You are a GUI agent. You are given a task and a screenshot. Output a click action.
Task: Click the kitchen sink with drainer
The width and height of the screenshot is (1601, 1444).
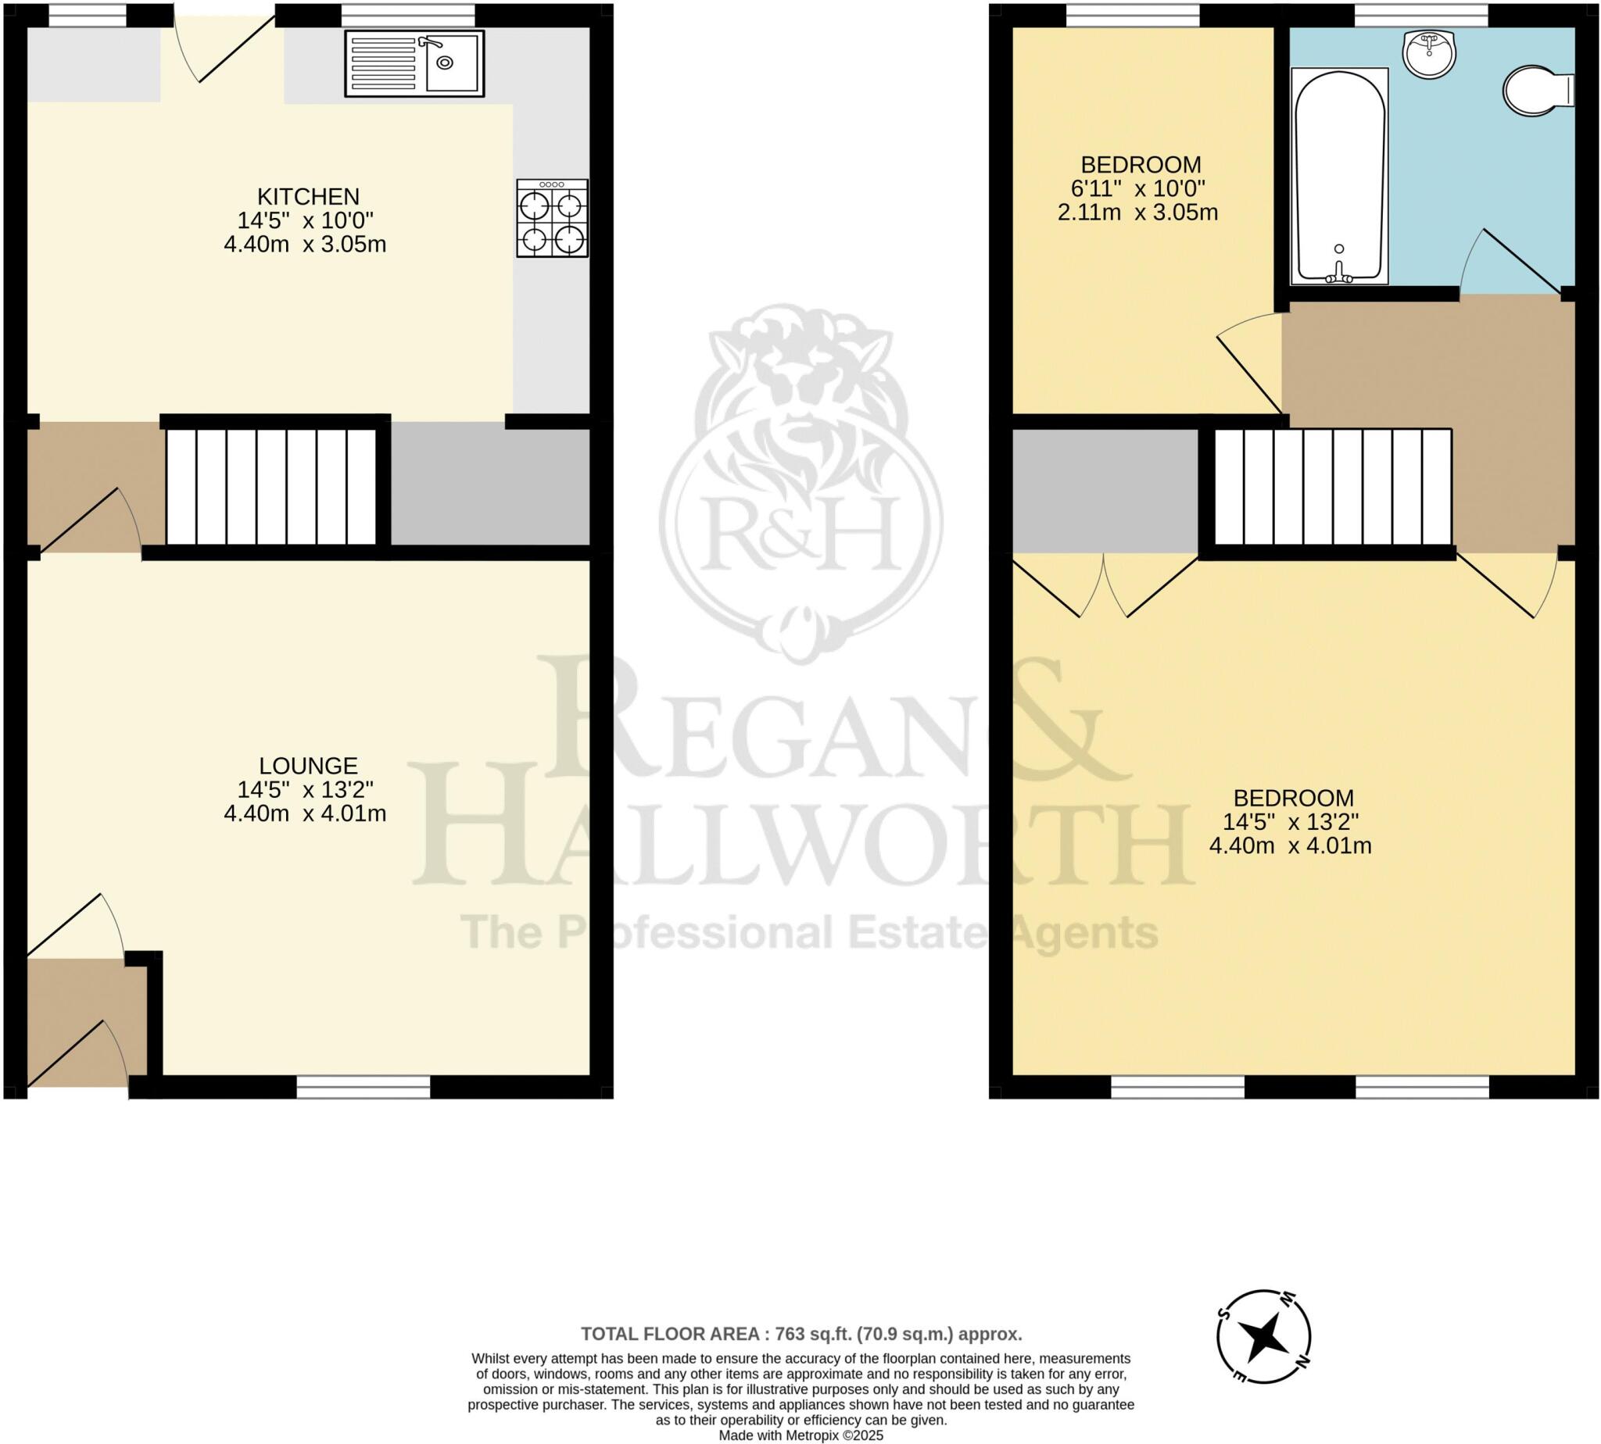coord(414,63)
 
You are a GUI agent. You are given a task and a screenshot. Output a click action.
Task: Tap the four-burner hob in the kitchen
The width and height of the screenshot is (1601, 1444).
coord(552,218)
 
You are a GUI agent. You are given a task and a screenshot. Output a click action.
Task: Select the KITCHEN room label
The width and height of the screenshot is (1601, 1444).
coord(308,196)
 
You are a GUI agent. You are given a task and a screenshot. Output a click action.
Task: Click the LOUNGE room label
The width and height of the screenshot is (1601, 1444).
coord(308,766)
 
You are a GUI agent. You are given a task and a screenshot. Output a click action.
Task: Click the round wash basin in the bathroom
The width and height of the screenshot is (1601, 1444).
coord(1428,54)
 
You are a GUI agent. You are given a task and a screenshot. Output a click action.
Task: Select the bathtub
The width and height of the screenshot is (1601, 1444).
coord(1339,176)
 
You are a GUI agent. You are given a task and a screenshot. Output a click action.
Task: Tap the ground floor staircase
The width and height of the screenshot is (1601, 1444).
coord(270,486)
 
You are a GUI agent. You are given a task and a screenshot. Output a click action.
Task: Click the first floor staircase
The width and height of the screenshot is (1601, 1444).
coord(1333,486)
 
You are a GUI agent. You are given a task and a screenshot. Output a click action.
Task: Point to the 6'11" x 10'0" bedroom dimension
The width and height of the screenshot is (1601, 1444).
coord(1137,189)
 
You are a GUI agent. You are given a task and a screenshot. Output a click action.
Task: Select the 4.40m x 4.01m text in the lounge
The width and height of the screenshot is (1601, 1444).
coord(305,814)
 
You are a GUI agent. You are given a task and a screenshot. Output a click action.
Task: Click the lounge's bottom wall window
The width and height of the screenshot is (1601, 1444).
coord(363,1086)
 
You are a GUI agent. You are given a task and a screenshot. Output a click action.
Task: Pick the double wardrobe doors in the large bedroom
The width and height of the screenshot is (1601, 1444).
coord(1104,587)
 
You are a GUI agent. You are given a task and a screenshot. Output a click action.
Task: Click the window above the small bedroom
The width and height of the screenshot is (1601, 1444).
coord(1132,15)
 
